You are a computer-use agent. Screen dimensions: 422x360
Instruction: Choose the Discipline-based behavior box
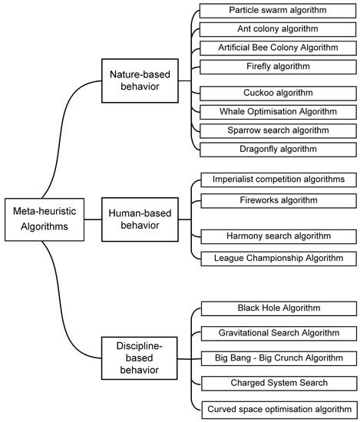point(140,358)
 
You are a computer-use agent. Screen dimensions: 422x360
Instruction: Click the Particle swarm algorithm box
point(277,11)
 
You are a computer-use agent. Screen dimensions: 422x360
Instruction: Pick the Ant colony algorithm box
point(277,29)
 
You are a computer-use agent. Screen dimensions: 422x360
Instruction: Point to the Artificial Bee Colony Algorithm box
point(277,48)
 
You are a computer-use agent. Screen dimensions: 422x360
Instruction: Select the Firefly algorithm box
point(277,66)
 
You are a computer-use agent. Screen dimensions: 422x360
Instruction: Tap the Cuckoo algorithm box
point(277,93)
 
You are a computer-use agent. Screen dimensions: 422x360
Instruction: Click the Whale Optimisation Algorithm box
point(277,111)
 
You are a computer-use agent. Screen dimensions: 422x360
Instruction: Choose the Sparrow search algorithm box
point(277,130)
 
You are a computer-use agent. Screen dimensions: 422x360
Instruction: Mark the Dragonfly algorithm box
point(277,148)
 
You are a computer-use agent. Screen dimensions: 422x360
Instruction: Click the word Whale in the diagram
point(234,111)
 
